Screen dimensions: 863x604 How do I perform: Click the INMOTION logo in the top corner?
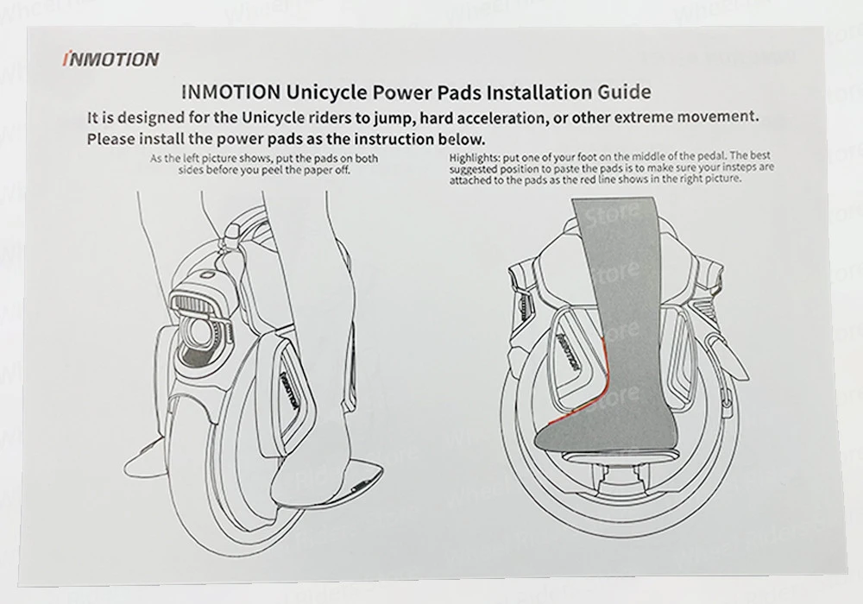coord(111,60)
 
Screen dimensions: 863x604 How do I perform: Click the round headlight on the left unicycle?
coord(205,332)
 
